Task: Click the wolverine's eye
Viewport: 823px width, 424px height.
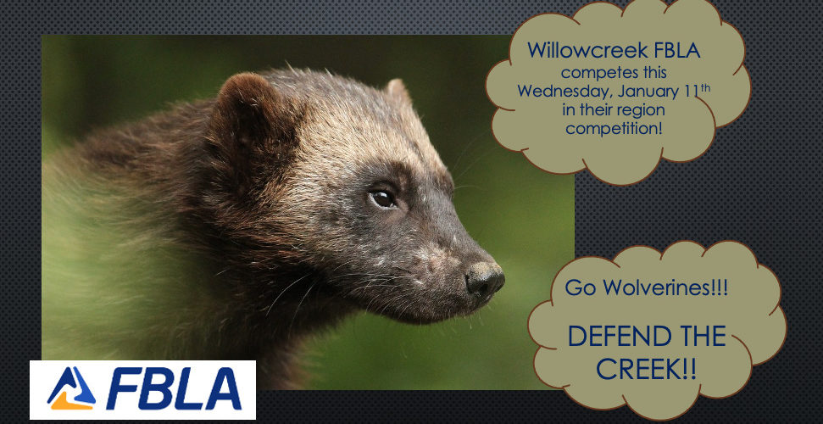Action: pyautogui.click(x=382, y=198)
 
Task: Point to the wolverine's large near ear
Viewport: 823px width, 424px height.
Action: pyautogui.click(x=247, y=115)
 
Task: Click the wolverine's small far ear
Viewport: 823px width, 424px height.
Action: pyautogui.click(x=398, y=91)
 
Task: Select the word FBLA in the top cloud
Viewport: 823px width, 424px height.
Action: pyautogui.click(x=677, y=50)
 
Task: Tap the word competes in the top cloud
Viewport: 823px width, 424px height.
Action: pyautogui.click(x=595, y=73)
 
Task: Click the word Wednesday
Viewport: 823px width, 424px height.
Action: pyautogui.click(x=564, y=92)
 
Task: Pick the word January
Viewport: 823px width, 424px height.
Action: pyautogui.click(x=648, y=92)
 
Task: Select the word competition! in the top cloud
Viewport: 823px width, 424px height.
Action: pyautogui.click(x=614, y=129)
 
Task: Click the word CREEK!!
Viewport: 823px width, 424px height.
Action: pyautogui.click(x=647, y=370)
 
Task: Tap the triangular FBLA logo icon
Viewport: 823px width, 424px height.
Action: pyautogui.click(x=71, y=388)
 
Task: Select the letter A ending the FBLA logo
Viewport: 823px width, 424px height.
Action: pyautogui.click(x=224, y=388)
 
